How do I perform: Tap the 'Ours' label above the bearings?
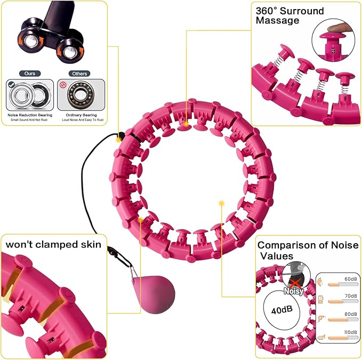click(x=30, y=74)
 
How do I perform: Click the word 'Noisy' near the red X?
click(x=294, y=291)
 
